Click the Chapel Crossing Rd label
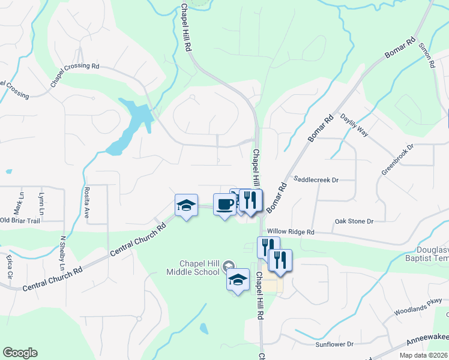point(74,74)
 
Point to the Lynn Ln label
point(41,203)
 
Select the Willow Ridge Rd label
point(291,232)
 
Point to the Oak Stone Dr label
point(354,221)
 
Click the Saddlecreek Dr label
point(316,179)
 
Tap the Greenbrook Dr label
point(397,159)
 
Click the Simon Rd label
point(426,55)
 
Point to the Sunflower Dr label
point(334,344)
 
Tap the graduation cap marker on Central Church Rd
point(186,206)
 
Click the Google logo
point(20,353)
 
